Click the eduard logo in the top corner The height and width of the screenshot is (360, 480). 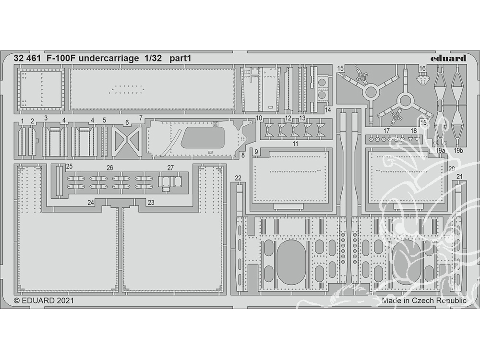point(448,59)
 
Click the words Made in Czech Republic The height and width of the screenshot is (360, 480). point(424,301)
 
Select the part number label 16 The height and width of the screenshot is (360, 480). point(422,69)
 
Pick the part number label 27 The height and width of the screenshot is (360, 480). point(170,168)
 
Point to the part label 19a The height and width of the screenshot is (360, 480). point(441,150)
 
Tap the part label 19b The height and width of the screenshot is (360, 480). point(458,150)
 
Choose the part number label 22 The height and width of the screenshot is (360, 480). point(238,178)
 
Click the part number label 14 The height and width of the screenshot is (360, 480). point(328,110)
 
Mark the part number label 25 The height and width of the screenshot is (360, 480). point(69,167)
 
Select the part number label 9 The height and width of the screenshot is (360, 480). point(257,152)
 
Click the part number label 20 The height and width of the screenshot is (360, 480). point(452,168)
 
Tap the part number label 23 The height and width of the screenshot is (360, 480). point(151,203)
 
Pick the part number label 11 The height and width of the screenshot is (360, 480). point(295,144)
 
